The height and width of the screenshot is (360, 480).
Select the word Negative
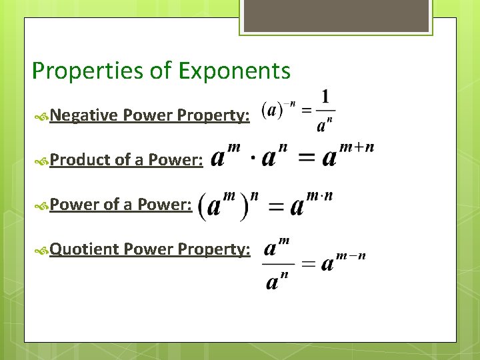click(x=84, y=115)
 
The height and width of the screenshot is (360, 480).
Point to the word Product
click(x=80, y=159)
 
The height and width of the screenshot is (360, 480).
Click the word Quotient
click(x=84, y=249)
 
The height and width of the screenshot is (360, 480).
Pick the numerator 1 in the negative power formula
click(x=325, y=96)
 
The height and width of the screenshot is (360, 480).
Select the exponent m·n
click(x=319, y=196)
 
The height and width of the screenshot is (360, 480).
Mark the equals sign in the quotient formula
click(x=307, y=264)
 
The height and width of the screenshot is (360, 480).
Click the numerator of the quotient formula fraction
click(x=277, y=249)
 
